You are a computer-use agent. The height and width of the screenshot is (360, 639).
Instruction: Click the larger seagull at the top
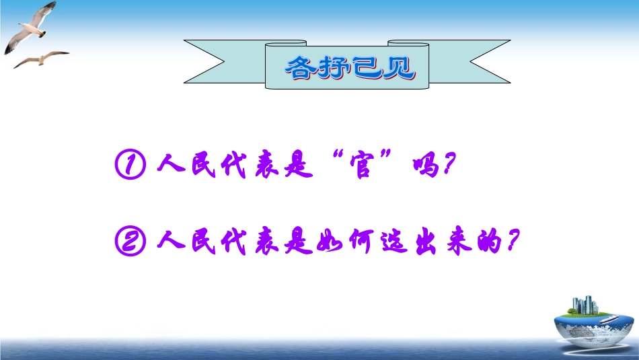[x=31, y=28]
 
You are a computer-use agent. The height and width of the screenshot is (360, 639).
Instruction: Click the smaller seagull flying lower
[x=42, y=59]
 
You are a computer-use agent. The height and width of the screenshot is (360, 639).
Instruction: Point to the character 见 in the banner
[x=400, y=68]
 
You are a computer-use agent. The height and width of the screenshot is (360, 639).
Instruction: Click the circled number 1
[x=130, y=164]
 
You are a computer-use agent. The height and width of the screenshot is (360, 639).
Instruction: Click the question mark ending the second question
[x=513, y=240]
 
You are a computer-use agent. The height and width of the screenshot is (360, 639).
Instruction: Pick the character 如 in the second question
[x=330, y=242]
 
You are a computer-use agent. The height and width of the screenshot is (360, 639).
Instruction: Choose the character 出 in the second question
[x=426, y=242]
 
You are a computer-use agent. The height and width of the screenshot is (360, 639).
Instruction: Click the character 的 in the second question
[x=489, y=242]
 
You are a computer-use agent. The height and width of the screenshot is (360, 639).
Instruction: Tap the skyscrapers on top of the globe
[x=585, y=305]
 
